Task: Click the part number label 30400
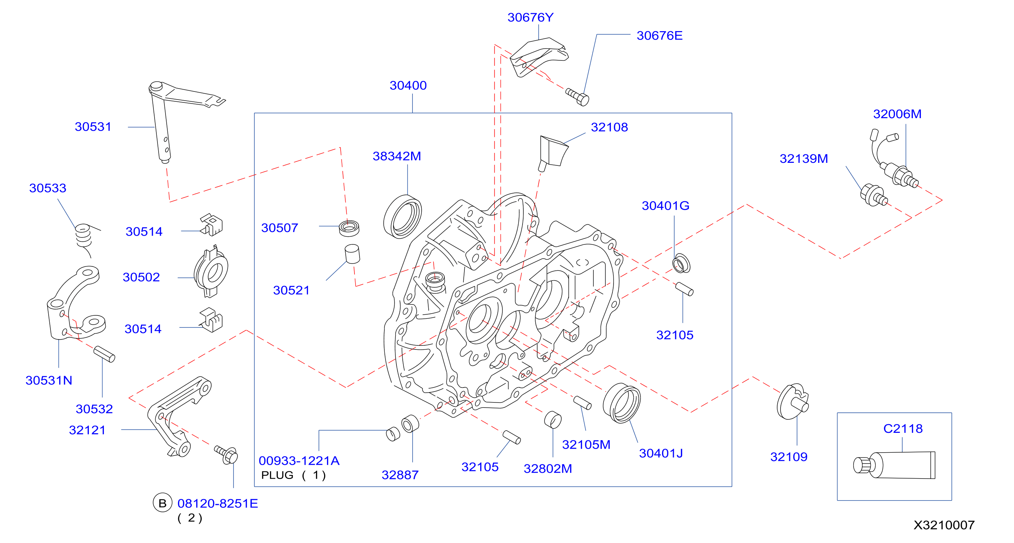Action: (x=408, y=86)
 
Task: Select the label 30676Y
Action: (x=530, y=17)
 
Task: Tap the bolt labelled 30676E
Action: (x=577, y=97)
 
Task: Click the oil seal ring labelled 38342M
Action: (x=402, y=216)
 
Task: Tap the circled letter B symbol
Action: (x=162, y=503)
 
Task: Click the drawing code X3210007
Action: (x=944, y=525)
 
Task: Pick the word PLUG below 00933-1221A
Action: (x=277, y=475)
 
